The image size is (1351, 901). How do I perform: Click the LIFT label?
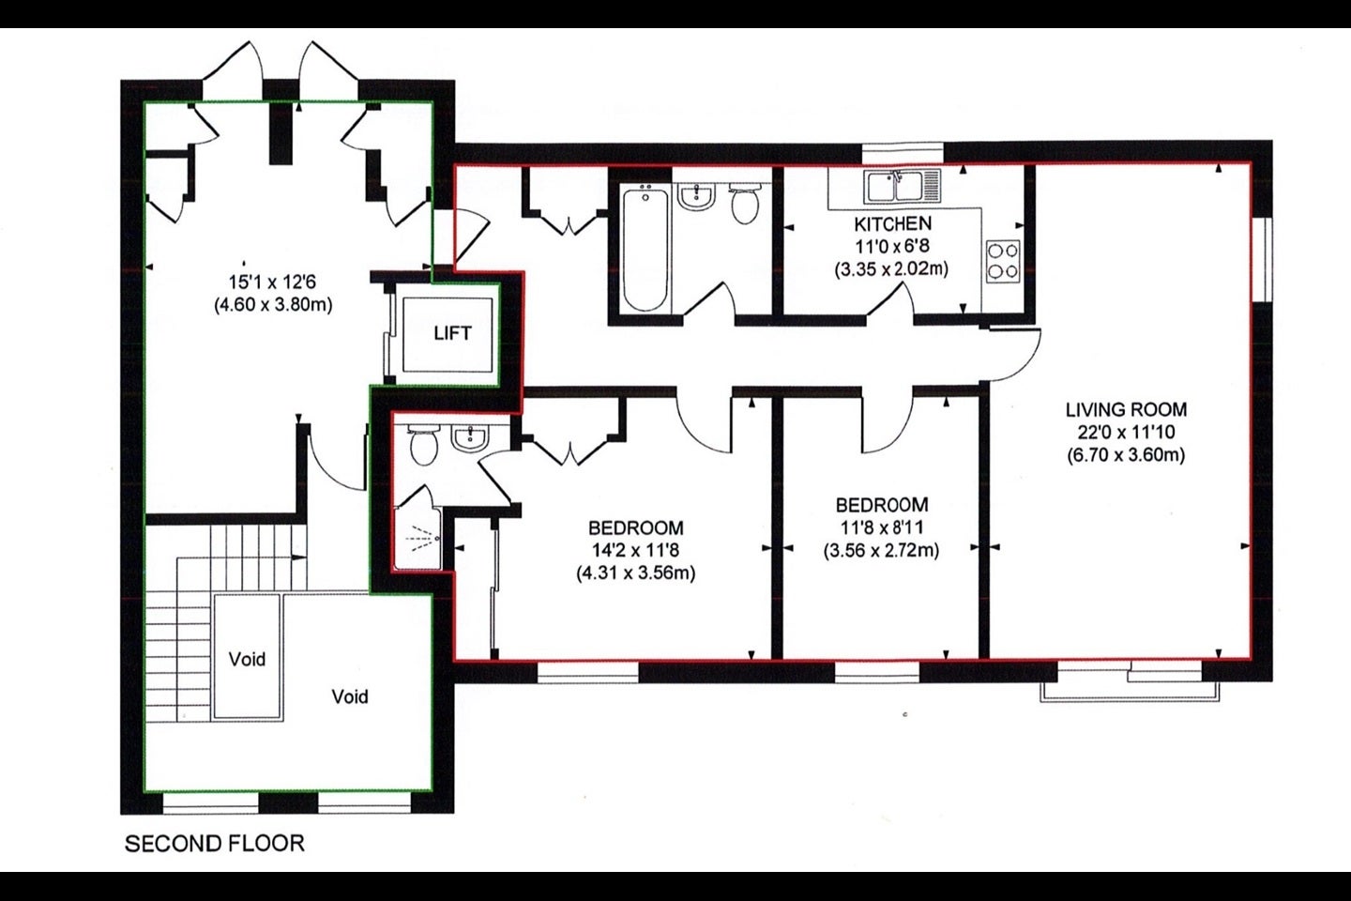pos(452,333)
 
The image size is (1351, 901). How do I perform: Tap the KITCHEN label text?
pos(892,224)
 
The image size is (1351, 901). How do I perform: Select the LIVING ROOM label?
pos(1126,410)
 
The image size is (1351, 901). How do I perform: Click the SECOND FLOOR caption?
pos(214,843)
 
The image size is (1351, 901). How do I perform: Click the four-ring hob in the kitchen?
pos(1003,261)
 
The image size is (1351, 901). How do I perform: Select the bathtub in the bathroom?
pos(645,250)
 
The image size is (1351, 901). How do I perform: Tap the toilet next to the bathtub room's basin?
pos(746,204)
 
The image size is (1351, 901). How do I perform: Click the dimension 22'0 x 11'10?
pos(1126,432)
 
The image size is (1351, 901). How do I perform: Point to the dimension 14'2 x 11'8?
pos(636,550)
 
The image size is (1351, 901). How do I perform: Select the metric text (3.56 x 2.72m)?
pos(881,550)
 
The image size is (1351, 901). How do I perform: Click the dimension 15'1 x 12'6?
pos(273,282)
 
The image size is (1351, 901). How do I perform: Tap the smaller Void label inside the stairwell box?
pos(247,659)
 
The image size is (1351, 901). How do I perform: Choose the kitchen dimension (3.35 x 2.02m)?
pos(891,268)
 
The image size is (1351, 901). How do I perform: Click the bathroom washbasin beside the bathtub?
pos(696,197)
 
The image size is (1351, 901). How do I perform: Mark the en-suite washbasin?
pos(470,438)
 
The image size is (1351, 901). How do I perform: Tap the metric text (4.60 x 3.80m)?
pos(273,304)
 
